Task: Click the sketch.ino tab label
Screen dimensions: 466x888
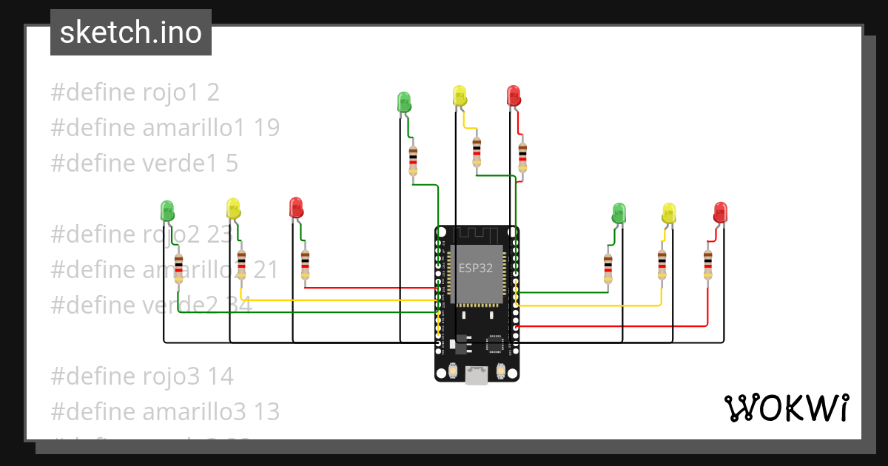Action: tap(130, 33)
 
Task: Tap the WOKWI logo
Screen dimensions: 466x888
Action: tap(785, 408)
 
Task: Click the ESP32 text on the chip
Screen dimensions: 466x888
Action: tap(475, 268)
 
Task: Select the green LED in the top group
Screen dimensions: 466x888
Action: tap(404, 102)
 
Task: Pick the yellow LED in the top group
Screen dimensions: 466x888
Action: tap(460, 96)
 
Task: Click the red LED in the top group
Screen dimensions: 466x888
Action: tap(514, 96)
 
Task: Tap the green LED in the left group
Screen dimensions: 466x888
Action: tap(168, 211)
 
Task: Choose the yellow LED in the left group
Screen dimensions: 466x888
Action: tap(233, 209)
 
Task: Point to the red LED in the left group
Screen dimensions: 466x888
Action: tap(297, 208)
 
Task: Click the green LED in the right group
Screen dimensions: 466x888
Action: tap(619, 214)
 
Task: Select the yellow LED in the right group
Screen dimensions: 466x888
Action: tap(669, 214)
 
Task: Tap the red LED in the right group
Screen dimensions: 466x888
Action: tap(721, 213)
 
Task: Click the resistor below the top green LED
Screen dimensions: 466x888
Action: tap(414, 161)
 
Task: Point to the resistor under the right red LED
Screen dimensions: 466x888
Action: tap(707, 264)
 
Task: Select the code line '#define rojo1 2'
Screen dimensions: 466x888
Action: tap(135, 92)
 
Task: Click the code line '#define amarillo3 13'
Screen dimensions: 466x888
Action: tap(165, 411)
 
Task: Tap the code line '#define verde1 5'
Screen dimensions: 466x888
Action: tap(144, 163)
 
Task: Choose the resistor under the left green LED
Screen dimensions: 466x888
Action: tap(178, 268)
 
